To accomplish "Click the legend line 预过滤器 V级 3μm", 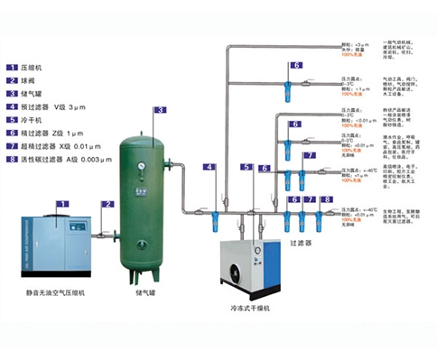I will click(59, 106).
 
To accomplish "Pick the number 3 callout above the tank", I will click(160, 110).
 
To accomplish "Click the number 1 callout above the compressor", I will click(60, 204).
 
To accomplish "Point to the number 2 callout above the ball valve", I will click(108, 205).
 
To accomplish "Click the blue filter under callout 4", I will click(210, 217).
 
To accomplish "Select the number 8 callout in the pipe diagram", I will click(327, 198).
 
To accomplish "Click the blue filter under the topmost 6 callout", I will click(296, 88).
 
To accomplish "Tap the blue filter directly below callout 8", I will click(327, 220).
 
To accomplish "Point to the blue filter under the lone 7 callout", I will click(311, 173).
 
